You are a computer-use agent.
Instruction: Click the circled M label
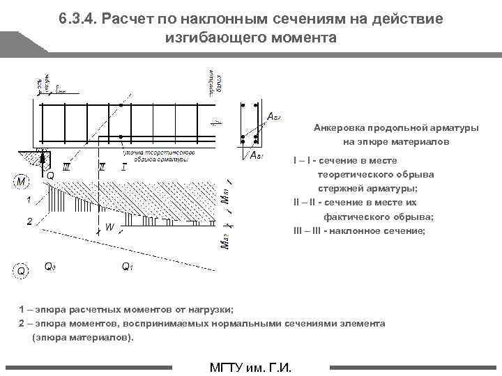22,182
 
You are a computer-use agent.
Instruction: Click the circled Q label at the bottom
22,270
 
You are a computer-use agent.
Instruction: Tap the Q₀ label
51,266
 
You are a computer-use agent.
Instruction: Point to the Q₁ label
128,266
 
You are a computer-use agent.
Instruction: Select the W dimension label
109,226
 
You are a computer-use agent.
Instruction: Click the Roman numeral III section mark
66,167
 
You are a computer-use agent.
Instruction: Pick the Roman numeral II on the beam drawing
102,167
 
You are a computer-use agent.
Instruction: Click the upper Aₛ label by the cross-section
274,116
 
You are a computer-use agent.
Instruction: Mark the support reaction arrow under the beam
42,162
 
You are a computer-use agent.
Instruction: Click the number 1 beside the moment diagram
29,201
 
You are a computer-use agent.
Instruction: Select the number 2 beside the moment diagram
29,221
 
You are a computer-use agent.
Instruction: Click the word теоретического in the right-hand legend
356,174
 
